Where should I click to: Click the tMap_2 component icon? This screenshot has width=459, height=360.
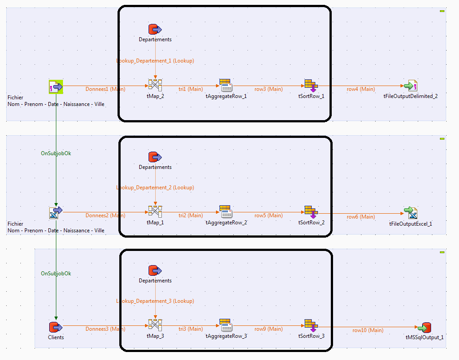(155, 85)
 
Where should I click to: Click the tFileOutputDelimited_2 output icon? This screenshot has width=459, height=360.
(410, 85)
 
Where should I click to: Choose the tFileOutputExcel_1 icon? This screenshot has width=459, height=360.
(410, 213)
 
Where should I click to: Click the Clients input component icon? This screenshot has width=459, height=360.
(56, 327)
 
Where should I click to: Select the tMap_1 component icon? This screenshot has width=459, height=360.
(155, 211)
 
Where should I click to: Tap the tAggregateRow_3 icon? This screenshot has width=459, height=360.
(226, 325)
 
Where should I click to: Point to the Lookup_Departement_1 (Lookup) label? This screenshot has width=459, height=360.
(155, 61)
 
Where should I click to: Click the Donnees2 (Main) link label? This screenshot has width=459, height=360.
(105, 215)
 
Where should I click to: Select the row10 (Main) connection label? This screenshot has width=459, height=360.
(368, 330)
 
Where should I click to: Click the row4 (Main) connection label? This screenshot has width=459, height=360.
(361, 89)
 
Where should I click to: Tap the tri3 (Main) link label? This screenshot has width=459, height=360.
(191, 329)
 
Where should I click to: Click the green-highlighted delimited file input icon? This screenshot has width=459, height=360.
(56, 86)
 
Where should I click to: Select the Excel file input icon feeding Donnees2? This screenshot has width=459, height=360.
(56, 213)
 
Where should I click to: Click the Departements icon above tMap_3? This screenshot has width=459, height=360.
(155, 270)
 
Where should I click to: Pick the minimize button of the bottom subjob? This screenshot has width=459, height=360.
(442, 252)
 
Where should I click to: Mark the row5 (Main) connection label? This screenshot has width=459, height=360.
(268, 215)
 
